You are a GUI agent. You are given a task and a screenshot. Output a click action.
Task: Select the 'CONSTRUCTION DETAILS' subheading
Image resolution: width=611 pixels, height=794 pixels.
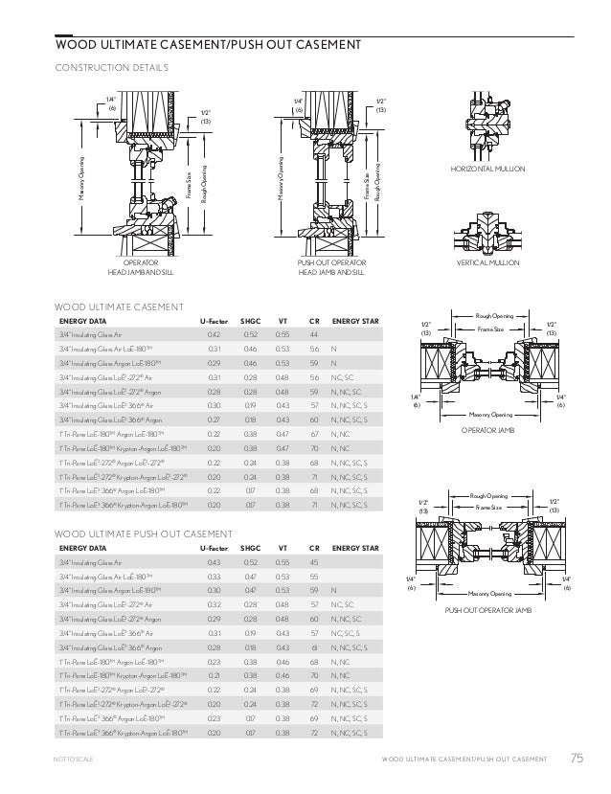point(112,67)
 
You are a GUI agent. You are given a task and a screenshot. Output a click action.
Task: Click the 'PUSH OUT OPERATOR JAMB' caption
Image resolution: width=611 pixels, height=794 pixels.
point(491,608)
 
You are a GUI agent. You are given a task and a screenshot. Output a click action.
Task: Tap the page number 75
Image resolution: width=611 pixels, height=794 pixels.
point(576,760)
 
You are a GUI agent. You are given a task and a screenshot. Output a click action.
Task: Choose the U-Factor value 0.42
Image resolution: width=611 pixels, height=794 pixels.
point(214,334)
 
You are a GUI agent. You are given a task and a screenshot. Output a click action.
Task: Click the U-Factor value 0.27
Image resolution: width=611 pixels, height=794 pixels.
point(214,420)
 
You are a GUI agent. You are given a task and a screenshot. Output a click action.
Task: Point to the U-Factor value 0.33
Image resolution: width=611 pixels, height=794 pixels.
point(214,577)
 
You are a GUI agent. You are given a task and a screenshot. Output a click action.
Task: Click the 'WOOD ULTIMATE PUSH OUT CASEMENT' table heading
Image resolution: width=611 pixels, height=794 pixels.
point(129,532)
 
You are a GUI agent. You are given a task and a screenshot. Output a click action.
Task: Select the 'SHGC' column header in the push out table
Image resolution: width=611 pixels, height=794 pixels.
point(250,548)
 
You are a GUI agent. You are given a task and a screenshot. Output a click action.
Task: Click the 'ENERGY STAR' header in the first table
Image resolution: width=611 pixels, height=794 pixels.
point(355,320)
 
